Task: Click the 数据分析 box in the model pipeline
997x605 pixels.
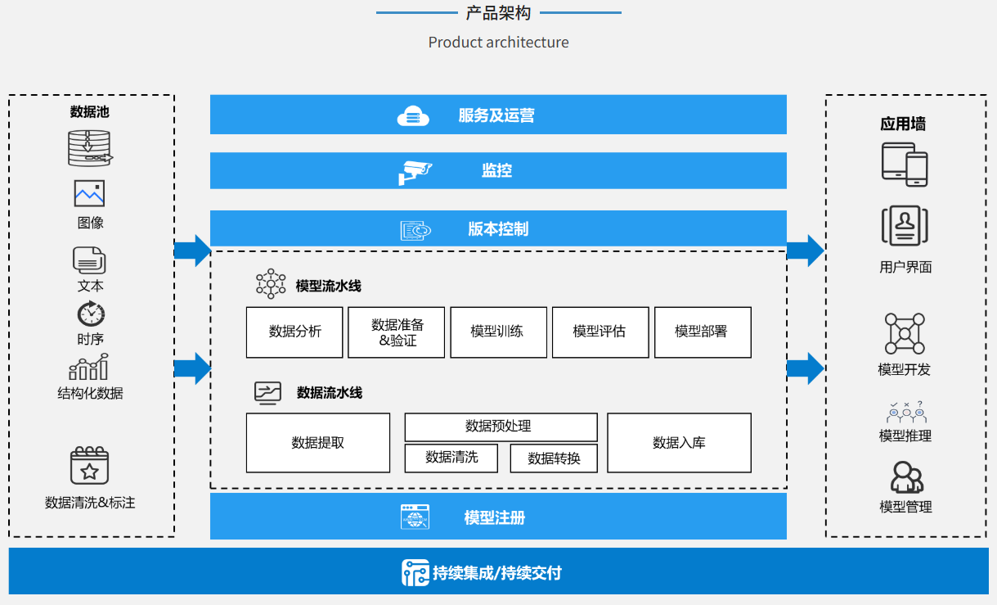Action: (x=294, y=332)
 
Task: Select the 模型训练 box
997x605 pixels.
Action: (x=498, y=332)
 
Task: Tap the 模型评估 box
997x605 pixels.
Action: (x=600, y=332)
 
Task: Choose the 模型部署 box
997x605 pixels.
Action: (x=703, y=332)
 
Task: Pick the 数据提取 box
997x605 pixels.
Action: (x=318, y=443)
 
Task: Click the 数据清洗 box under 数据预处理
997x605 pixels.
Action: (x=451, y=458)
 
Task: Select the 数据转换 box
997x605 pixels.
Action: (x=554, y=458)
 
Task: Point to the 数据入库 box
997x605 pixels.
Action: (x=679, y=443)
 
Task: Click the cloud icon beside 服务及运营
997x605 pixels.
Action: (x=413, y=116)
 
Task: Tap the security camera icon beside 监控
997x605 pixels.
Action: (x=415, y=172)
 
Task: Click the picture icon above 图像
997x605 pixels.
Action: (x=89, y=193)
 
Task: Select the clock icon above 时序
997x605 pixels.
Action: (x=91, y=314)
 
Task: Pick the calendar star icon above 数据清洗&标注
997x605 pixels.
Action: (x=89, y=466)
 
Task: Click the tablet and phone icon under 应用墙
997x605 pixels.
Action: (x=905, y=164)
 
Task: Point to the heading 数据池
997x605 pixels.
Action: (x=89, y=112)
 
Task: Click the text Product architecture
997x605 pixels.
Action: (x=498, y=43)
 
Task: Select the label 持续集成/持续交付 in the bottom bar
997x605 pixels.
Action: (x=497, y=573)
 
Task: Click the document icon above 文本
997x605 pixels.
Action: (x=89, y=260)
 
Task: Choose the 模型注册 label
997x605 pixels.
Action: (x=495, y=517)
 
